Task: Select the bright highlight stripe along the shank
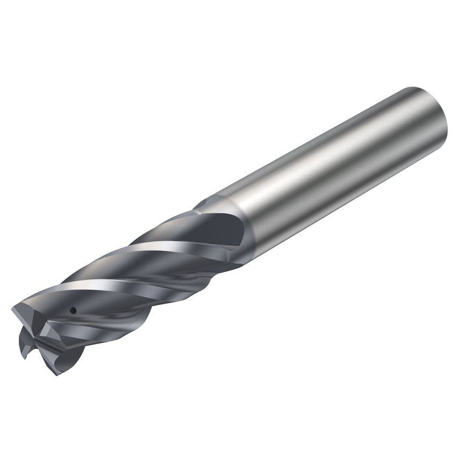322,156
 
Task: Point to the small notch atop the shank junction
200,204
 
